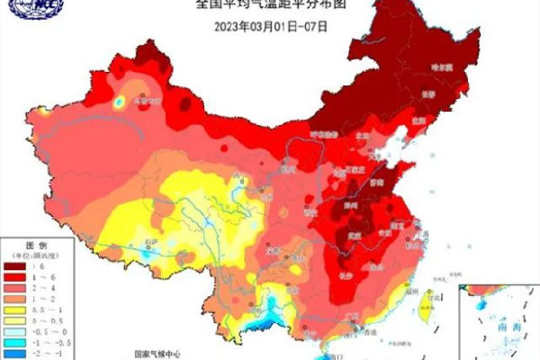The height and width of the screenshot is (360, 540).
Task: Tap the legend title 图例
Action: coord(35,245)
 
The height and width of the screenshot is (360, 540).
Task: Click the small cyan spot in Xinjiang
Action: coord(118,103)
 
